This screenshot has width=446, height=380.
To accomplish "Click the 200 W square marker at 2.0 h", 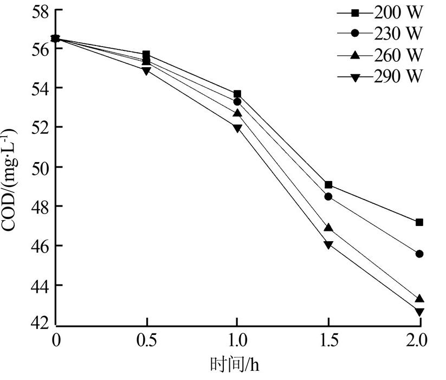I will (x=419, y=222).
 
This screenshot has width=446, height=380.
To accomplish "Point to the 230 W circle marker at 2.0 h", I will (x=419, y=254).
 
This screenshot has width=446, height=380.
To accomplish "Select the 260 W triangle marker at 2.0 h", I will (x=419, y=299).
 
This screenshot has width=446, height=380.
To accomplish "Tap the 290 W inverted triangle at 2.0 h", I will (x=419, y=312).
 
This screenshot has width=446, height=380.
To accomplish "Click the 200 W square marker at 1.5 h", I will (x=328, y=185).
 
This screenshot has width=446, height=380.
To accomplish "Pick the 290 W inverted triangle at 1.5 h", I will (x=328, y=244).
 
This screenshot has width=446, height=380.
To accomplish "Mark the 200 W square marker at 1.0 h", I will (x=237, y=94).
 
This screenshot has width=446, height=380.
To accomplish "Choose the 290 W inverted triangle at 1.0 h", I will (x=237, y=128).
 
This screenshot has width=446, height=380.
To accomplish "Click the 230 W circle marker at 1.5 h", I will (x=328, y=196).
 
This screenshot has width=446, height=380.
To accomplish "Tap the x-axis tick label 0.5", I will (x=146, y=340).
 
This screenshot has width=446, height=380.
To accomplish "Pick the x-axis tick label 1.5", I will (x=328, y=340).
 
